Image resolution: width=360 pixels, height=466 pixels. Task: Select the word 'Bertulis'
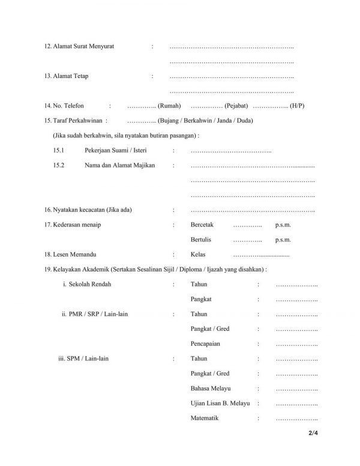click(201, 240)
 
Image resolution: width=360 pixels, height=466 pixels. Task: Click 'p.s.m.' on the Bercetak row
click(283, 225)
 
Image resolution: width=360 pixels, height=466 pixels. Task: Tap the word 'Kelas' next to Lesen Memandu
click(197, 255)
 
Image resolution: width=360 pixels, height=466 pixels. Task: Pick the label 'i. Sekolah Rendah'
click(87, 283)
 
